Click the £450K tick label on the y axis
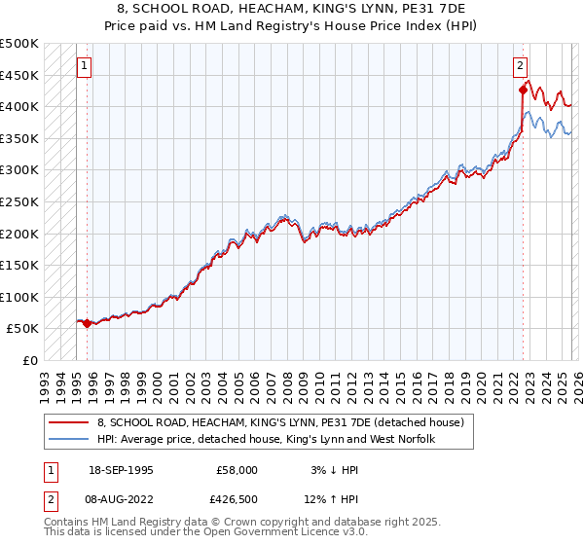click(x=19, y=75)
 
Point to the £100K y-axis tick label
click(x=19, y=297)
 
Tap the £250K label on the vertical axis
click(x=19, y=201)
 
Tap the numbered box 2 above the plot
click(x=520, y=66)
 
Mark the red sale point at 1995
click(x=88, y=323)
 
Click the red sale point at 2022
click(x=523, y=90)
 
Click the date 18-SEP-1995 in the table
click(x=121, y=470)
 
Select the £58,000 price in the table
click(x=237, y=470)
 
